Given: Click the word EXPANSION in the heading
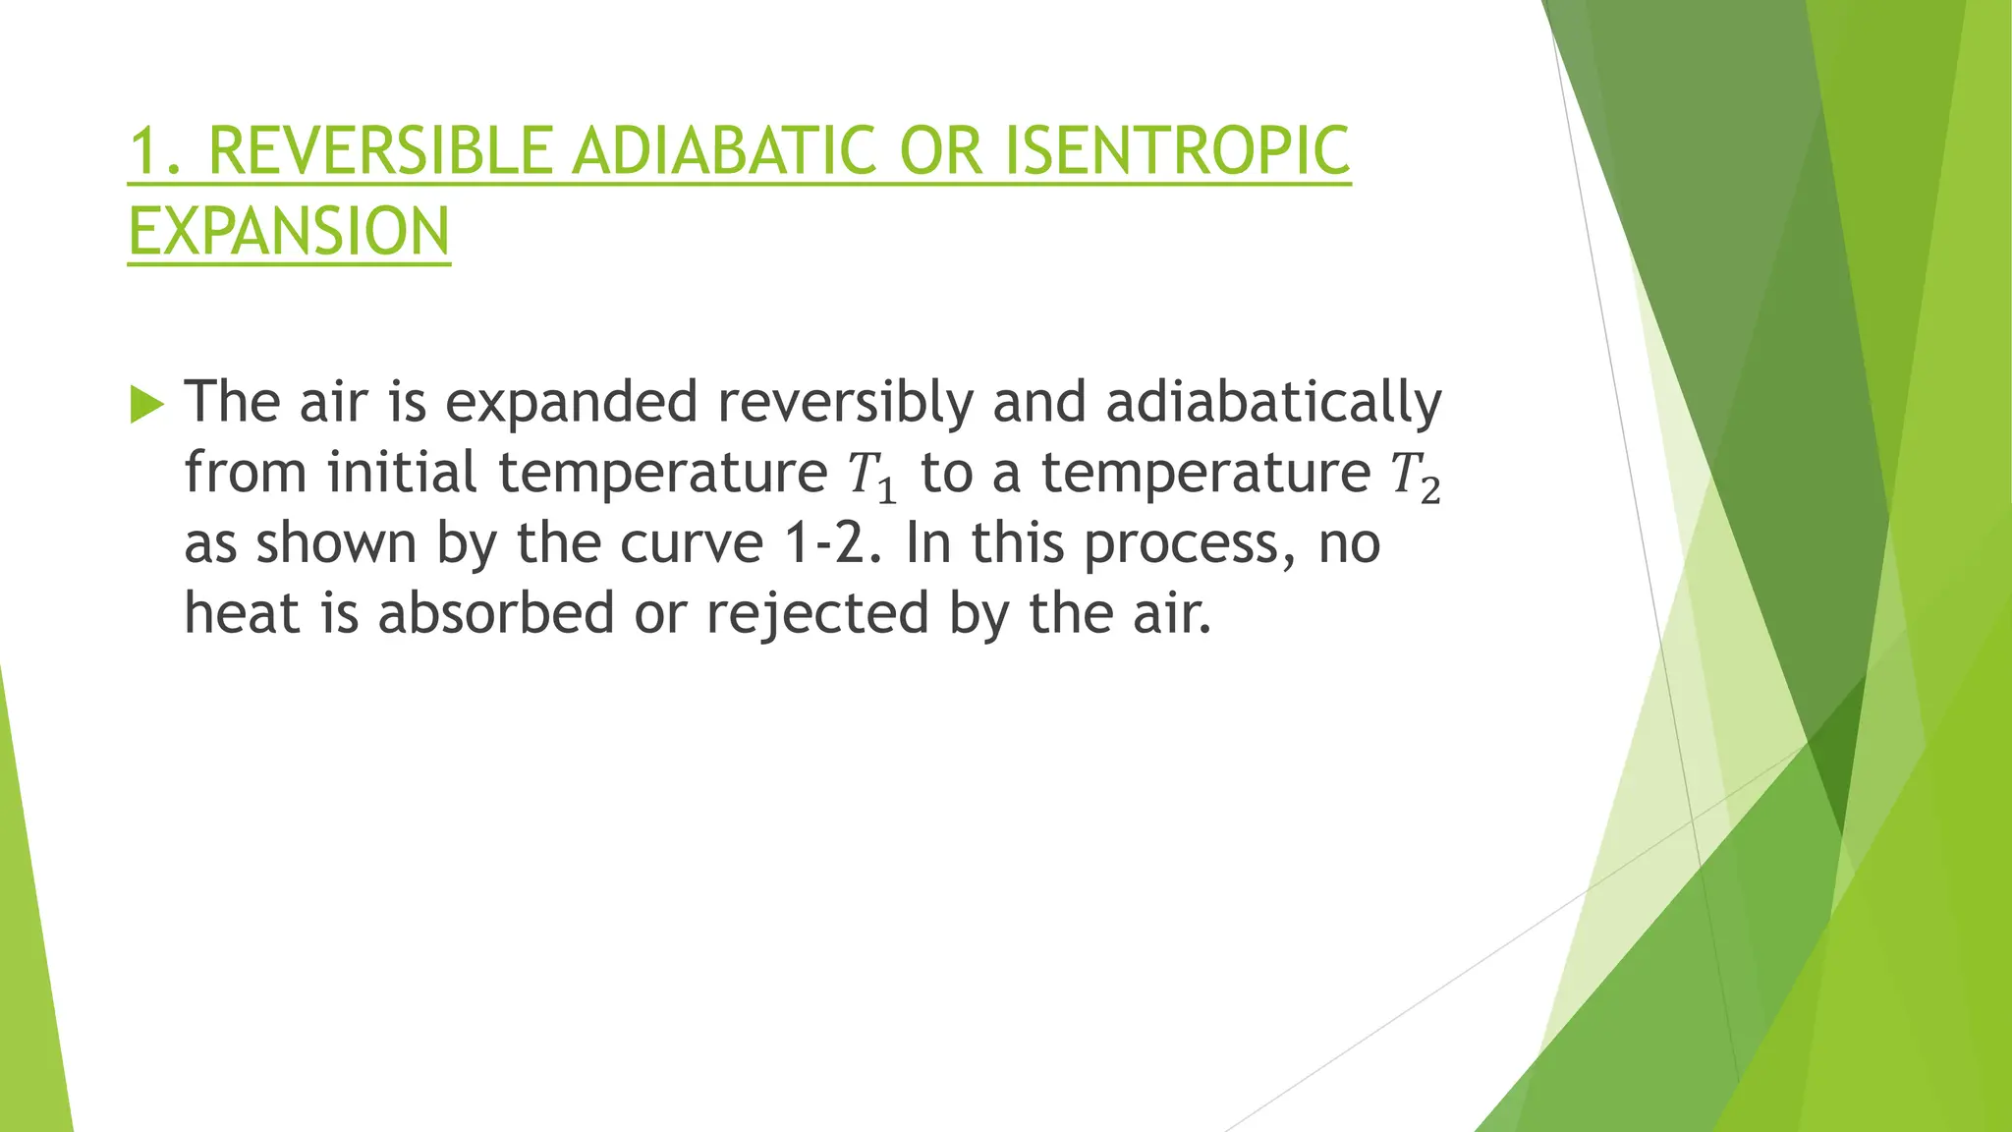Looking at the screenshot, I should pyautogui.click(x=289, y=232).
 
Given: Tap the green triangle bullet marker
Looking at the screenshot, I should pyautogui.click(x=146, y=404).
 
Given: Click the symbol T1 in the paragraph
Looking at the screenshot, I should pyautogui.click(x=872, y=476).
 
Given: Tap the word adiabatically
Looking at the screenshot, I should pyautogui.click(x=1273, y=403).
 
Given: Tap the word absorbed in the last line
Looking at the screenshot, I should pyautogui.click(x=496, y=613).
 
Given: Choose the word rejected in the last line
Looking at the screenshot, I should pyautogui.click(x=817, y=613).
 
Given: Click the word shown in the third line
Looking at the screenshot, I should pyautogui.click(x=336, y=543).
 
